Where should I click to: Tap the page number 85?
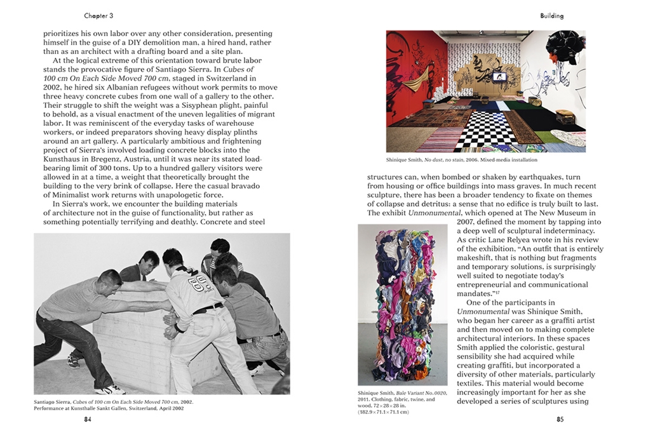(x=560, y=419)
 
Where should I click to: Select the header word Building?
(x=551, y=15)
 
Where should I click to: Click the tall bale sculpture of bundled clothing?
(x=402, y=304)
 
